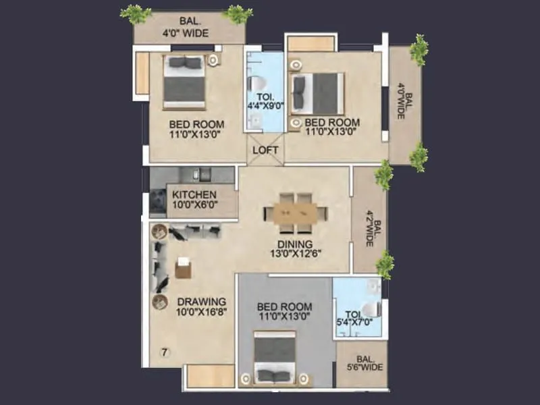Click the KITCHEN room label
194,194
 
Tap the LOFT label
265,151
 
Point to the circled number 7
165,351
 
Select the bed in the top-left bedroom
184,81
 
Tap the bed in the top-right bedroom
317,93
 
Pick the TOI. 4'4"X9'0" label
264,100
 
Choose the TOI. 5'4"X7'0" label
357,318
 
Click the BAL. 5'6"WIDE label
362,362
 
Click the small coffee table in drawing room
183,268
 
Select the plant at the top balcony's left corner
136,13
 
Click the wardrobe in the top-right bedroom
310,44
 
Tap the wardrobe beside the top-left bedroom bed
142,73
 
